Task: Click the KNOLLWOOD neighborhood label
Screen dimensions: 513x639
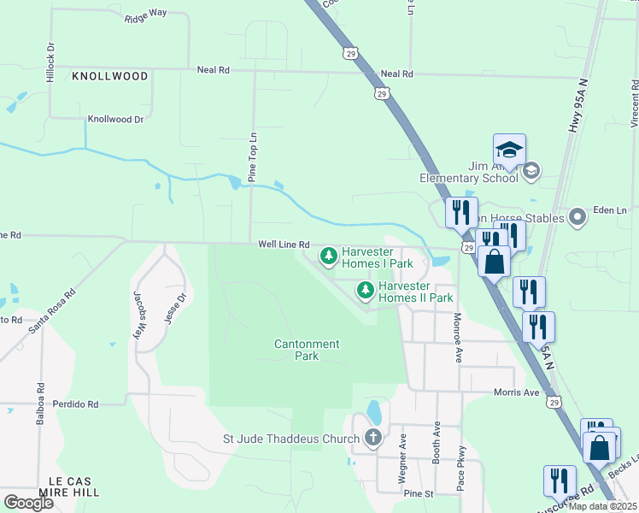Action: pyautogui.click(x=109, y=76)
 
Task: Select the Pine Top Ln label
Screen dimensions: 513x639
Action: pyautogui.click(x=252, y=157)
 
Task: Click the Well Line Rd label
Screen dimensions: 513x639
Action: pyautogui.click(x=284, y=245)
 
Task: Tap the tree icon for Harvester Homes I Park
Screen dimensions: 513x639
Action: pyautogui.click(x=329, y=256)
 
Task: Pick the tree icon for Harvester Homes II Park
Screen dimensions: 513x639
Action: pyautogui.click(x=366, y=291)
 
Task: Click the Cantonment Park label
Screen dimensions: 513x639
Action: pyautogui.click(x=307, y=350)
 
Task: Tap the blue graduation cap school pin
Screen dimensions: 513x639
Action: pyautogui.click(x=508, y=150)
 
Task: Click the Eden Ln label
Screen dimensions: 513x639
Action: pyautogui.click(x=610, y=210)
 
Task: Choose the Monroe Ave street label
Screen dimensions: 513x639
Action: pyautogui.click(x=457, y=339)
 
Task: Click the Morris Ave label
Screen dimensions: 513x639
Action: pyautogui.click(x=518, y=392)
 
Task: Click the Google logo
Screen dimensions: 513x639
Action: pyautogui.click(x=28, y=502)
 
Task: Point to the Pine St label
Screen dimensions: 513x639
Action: pyautogui.click(x=419, y=494)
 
